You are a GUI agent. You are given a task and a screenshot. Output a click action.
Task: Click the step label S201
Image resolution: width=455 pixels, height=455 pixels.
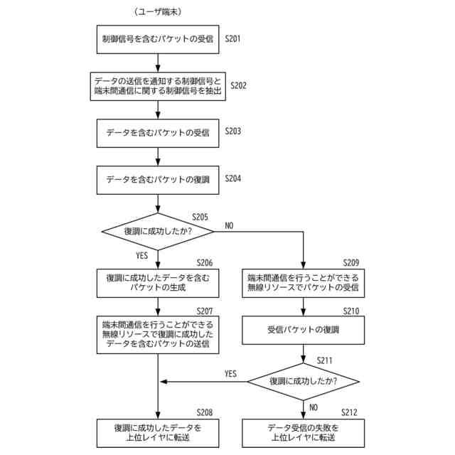tap(232, 38)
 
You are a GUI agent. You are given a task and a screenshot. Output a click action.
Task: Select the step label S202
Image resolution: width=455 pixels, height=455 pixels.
tap(238, 85)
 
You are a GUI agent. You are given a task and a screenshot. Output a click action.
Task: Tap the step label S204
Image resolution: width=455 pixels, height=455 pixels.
tap(232, 178)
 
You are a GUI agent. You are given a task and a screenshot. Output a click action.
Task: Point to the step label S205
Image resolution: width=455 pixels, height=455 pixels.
tap(200, 217)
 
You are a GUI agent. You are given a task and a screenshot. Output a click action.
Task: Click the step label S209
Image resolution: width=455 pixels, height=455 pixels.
tap(350, 262)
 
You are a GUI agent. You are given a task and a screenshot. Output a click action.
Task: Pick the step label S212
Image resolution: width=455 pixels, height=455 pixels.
tap(349, 412)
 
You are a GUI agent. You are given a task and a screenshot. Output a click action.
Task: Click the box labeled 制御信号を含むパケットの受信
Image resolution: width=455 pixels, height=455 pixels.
tap(158, 40)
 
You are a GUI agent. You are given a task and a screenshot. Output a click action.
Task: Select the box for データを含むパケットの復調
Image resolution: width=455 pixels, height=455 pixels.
tap(158, 180)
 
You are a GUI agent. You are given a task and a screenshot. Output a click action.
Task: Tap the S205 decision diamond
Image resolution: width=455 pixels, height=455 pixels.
tap(158, 232)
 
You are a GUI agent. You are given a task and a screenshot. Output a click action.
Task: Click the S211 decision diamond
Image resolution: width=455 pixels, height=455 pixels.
tap(304, 382)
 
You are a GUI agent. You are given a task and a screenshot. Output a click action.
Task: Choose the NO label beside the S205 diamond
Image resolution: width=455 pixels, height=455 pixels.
tap(229, 225)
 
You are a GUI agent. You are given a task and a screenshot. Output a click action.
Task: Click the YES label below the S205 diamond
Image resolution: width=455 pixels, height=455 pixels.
tap(142, 256)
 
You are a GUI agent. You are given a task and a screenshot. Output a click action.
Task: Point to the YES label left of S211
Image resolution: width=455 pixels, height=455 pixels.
tap(230, 373)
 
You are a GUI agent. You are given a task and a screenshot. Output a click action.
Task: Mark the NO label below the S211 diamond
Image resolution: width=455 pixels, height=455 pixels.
tap(314, 407)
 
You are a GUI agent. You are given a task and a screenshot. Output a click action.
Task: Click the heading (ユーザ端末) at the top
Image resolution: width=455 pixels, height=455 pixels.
tap(158, 12)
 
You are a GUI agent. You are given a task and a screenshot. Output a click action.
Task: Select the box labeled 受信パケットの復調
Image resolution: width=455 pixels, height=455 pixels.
tap(304, 330)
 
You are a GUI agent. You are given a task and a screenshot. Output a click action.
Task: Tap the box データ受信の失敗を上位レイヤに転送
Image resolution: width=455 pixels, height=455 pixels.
tap(304, 433)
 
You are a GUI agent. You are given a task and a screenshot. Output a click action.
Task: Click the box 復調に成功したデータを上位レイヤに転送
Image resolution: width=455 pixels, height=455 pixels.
tap(158, 433)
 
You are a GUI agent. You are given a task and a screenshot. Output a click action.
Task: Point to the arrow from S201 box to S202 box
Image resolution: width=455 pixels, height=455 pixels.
tap(158, 63)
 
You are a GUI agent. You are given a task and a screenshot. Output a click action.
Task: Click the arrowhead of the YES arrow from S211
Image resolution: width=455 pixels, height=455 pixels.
tap(163, 382)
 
